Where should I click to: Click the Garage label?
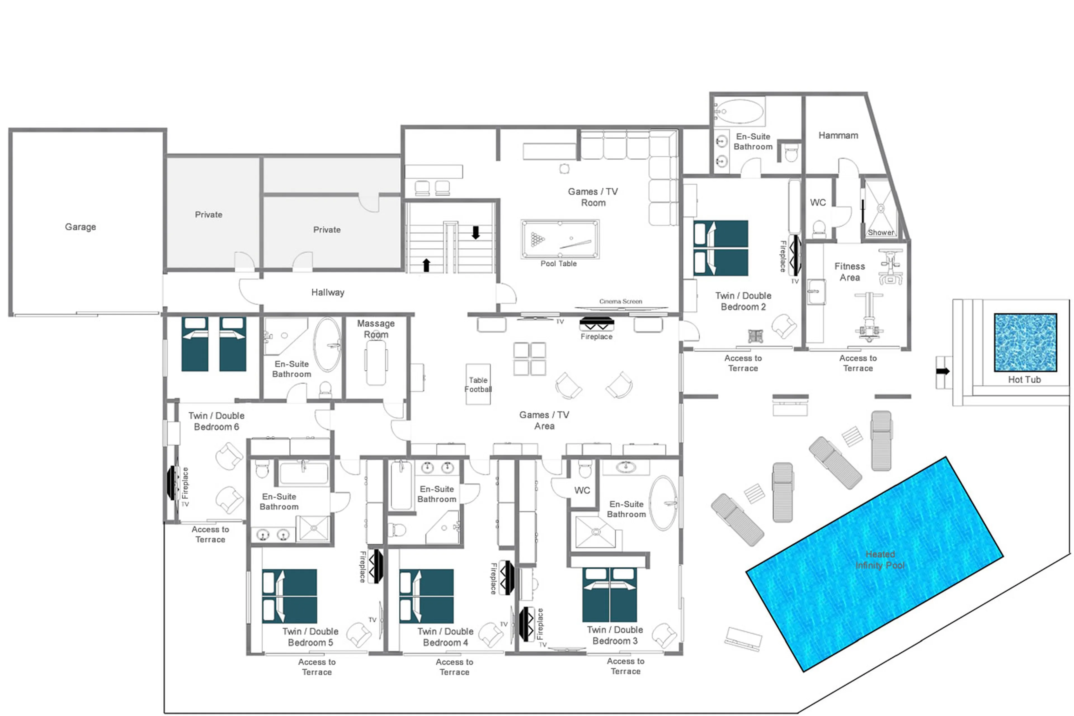[x=80, y=227]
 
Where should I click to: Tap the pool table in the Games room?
[x=560, y=239]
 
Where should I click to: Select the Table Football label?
[x=478, y=384]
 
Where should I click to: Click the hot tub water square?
[x=1025, y=342]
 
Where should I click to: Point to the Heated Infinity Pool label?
[x=880, y=560]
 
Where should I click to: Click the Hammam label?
[x=838, y=136]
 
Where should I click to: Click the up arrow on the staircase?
[x=426, y=265]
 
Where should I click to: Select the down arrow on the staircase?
[x=476, y=233]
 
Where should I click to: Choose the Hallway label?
[x=328, y=292]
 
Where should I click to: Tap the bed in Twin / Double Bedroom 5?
[x=289, y=596]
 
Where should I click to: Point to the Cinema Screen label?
[x=620, y=301]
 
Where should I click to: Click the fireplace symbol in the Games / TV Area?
[x=597, y=324]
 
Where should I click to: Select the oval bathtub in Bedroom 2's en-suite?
[x=739, y=111]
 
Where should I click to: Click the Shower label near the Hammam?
[x=880, y=233]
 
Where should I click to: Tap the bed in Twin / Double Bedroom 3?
[x=609, y=595]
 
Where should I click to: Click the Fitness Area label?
[x=849, y=272]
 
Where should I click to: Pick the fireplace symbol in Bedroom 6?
[x=173, y=483]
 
